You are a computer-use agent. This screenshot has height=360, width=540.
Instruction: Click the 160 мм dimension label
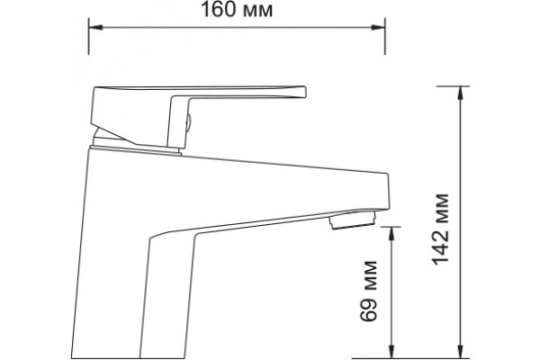point(237,9)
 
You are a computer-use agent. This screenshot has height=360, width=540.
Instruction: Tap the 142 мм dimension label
point(441,229)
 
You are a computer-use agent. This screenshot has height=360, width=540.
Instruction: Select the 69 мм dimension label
point(369,291)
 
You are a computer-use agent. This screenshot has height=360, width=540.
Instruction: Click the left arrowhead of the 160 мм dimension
point(95,27)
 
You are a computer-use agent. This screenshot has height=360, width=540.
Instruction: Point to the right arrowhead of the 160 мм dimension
point(378,27)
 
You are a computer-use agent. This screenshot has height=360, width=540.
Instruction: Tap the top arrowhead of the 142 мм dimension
point(460,93)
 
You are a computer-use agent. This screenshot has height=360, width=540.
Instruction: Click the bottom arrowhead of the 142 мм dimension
point(460,351)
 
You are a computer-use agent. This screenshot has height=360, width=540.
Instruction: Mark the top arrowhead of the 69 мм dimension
point(391,234)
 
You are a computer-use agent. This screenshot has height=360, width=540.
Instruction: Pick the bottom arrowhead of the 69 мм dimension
point(391,351)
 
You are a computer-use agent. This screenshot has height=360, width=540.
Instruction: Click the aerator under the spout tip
point(352,220)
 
